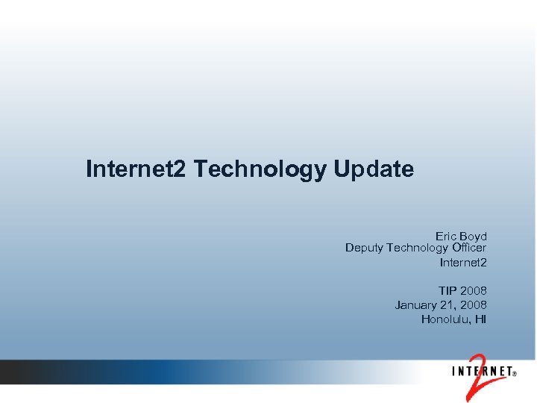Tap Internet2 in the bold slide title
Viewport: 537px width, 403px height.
point(136,169)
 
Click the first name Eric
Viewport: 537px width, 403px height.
point(447,236)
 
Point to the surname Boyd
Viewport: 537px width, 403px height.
point(474,236)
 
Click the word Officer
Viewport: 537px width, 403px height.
point(469,248)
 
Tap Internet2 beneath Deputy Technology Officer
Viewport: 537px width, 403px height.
point(463,262)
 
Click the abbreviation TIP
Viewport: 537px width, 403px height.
point(448,290)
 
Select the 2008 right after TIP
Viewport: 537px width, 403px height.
point(474,290)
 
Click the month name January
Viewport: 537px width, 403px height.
point(416,304)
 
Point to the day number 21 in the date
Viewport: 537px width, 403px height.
point(449,304)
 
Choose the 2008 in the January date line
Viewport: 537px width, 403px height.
point(474,304)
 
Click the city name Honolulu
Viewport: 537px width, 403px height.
point(445,319)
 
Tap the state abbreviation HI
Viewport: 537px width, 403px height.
point(480,319)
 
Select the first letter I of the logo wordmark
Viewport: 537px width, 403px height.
point(453,370)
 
